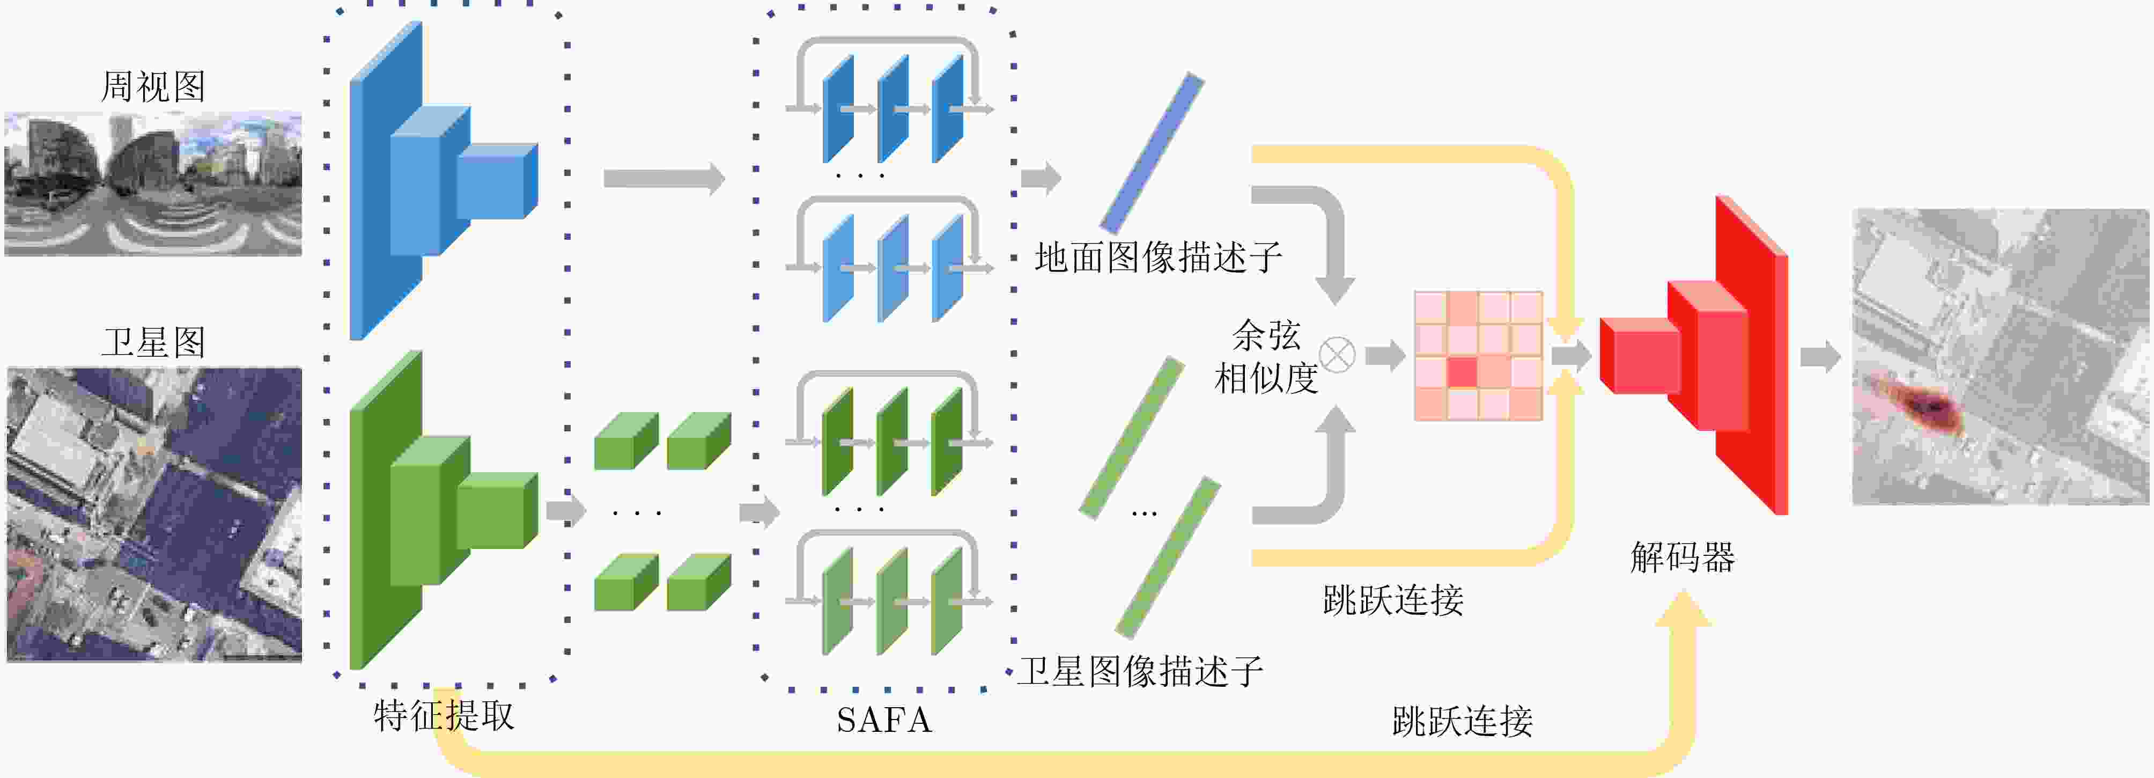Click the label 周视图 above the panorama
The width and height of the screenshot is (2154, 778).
tap(153, 87)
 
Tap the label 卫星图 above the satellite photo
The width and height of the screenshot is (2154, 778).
tap(153, 342)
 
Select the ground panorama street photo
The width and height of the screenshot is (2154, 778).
tap(153, 184)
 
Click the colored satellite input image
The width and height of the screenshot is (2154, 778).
tap(154, 515)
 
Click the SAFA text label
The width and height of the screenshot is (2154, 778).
tap(884, 720)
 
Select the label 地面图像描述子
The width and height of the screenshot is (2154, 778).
tap(1158, 258)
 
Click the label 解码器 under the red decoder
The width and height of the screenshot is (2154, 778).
tap(1683, 557)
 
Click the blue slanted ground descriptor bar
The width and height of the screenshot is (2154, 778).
tap(1152, 152)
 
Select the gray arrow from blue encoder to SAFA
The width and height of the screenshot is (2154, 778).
tap(663, 178)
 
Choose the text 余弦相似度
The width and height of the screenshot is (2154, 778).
tap(1266, 357)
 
